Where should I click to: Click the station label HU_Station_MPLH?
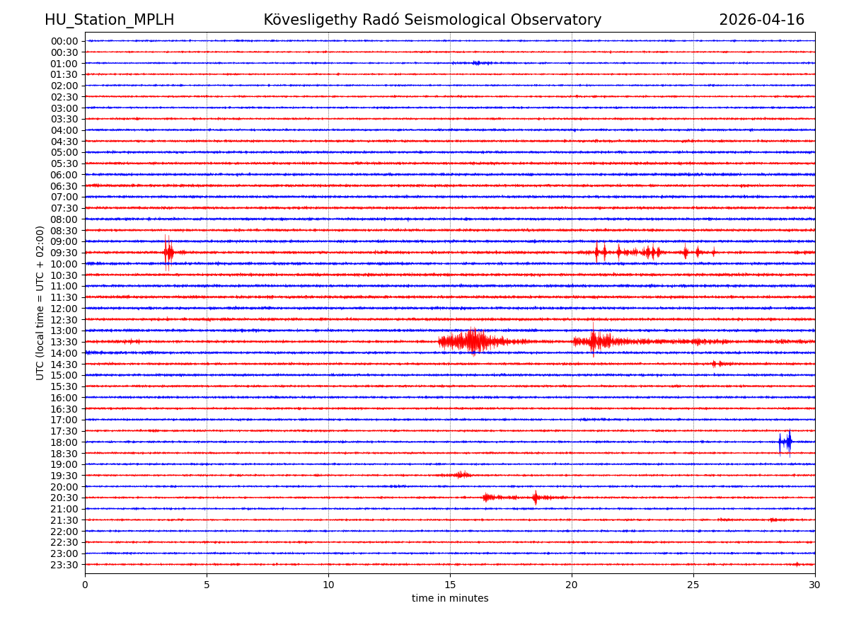[109, 20]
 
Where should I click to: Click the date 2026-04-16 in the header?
[761, 20]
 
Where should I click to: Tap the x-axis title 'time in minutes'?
[450, 599]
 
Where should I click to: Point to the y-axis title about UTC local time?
[40, 303]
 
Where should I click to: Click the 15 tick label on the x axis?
[450, 585]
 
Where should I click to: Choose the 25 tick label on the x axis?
[693, 585]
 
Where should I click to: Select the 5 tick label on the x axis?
[207, 585]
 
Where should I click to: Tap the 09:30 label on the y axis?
[64, 253]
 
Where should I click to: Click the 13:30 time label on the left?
[64, 342]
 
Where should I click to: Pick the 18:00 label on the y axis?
[64, 442]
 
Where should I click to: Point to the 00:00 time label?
[64, 41]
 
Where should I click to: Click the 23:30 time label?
[64, 565]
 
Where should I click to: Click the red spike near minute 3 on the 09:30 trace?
[168, 252]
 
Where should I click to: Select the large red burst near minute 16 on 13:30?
[470, 342]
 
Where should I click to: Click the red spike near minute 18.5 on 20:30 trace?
[535, 498]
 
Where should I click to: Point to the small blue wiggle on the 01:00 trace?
[478, 63]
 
